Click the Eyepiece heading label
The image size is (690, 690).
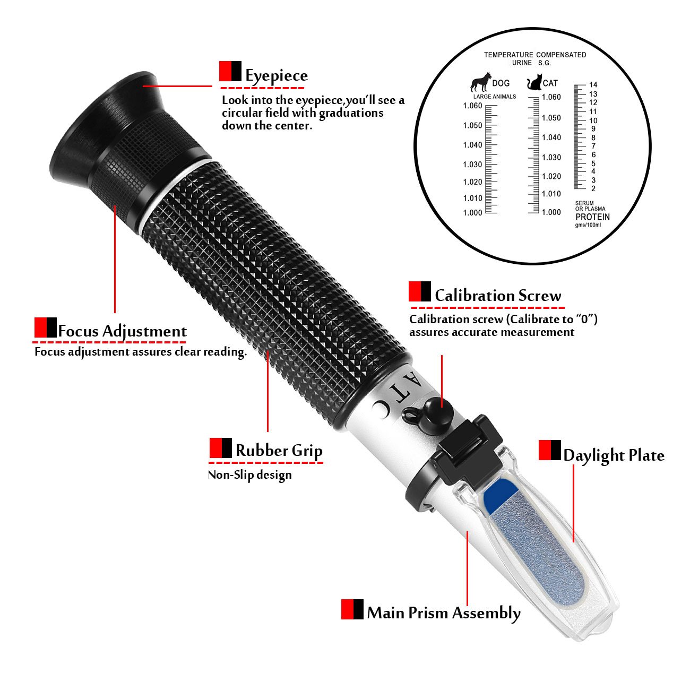coord(276,76)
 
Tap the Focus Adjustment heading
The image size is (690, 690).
coord(122,331)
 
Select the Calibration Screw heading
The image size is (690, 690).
coord(497,296)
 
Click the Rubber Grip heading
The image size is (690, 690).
coord(279,451)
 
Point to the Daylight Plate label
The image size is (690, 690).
coord(614,455)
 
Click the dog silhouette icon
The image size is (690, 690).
coord(480,82)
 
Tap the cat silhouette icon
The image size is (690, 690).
coord(533,83)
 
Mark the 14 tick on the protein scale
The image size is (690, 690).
coord(593,85)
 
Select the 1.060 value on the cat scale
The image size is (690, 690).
coord(551,97)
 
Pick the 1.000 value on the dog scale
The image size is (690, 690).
coord(472,212)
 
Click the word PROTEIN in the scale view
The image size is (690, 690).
coord(592,217)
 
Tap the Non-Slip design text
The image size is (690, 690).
coord(249,475)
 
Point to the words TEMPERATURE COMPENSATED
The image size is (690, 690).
coord(534,55)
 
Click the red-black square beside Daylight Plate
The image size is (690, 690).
coord(549,450)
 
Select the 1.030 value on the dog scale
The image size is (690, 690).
coord(472,165)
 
